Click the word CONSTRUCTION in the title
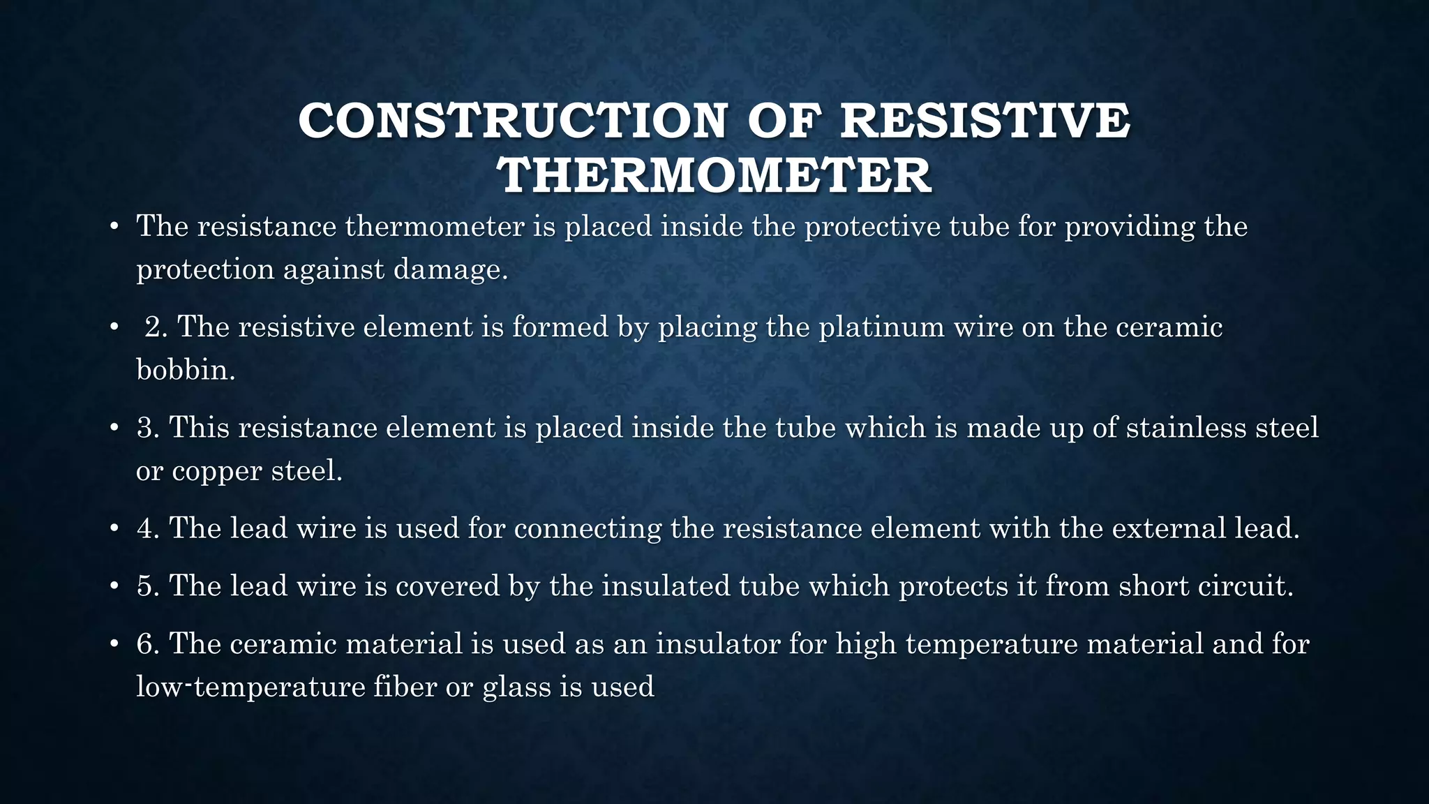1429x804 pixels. coord(514,121)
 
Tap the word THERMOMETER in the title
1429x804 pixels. coord(714,175)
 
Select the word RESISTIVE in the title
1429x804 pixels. coord(985,121)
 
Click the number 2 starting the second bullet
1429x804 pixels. coord(155,327)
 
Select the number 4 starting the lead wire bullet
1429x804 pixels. coord(148,528)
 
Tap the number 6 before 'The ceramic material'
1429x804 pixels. coord(148,643)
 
